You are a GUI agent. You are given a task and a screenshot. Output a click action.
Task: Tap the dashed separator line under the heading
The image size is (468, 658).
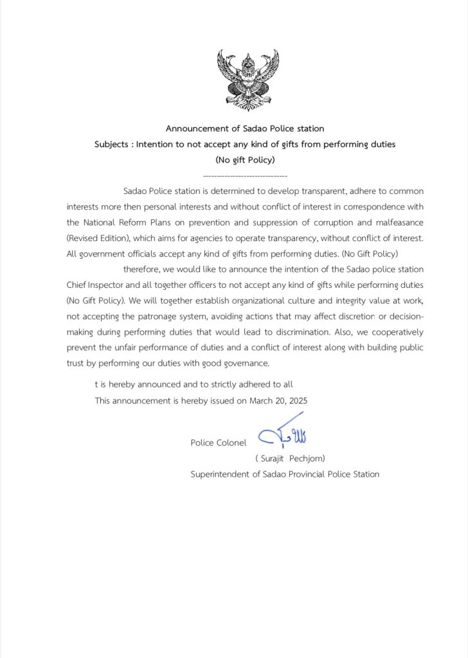tap(244, 175)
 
